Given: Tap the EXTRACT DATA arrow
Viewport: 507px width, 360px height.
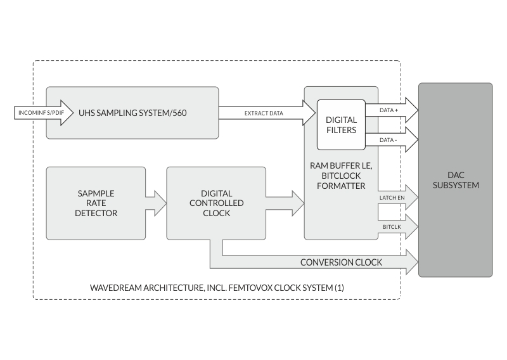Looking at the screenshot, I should (266, 113).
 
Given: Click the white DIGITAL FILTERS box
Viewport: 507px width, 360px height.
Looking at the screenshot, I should (341, 125).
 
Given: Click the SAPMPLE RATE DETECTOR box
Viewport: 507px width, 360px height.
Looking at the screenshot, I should (96, 203).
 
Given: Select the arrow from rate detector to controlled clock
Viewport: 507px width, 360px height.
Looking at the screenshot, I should (156, 203).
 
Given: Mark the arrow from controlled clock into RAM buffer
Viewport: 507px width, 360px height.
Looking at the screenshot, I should (285, 203).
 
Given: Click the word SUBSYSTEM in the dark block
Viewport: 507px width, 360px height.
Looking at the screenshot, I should (454, 186).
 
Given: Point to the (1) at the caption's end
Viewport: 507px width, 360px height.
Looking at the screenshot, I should (339, 288).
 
